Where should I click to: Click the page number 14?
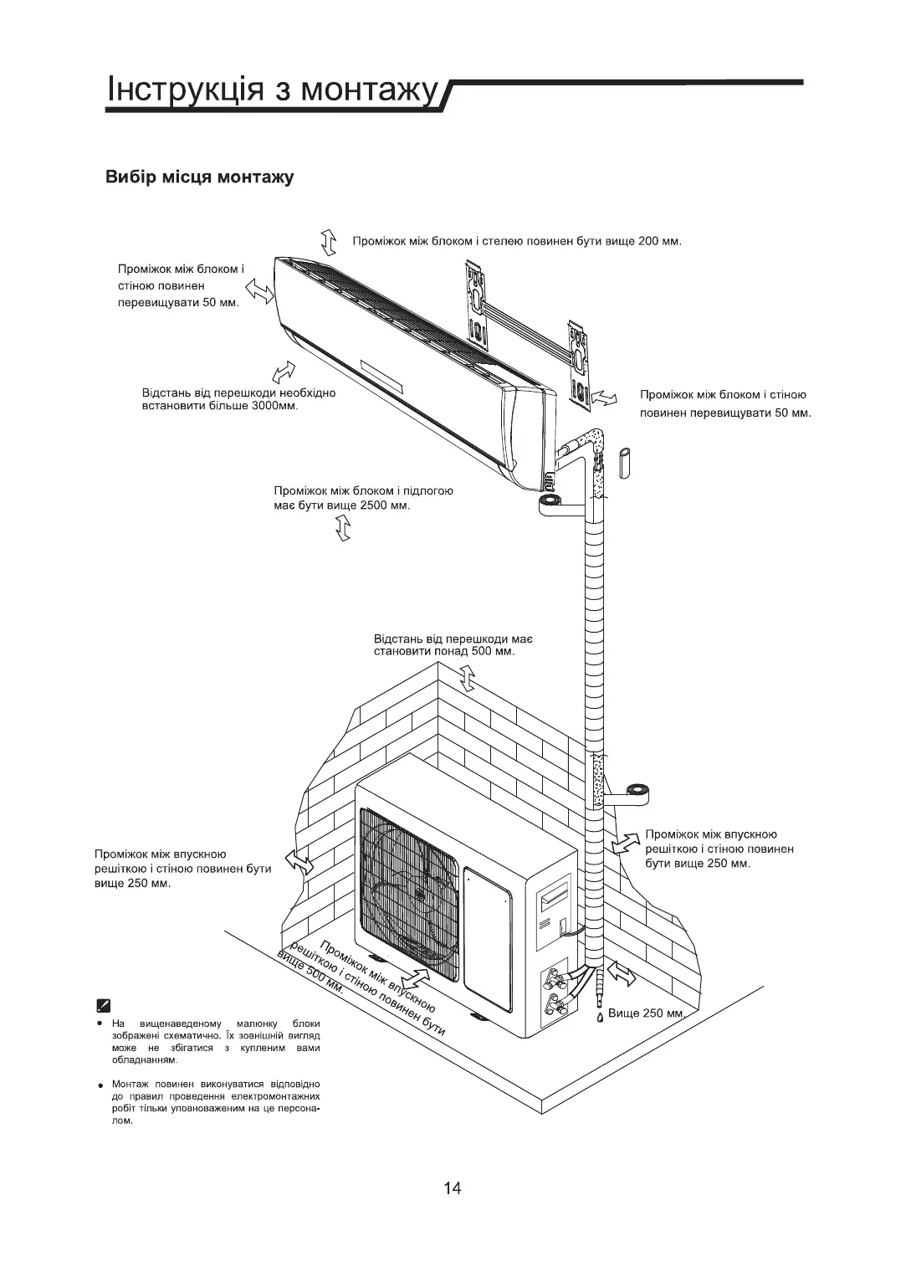tap(452, 1188)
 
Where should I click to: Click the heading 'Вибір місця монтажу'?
tap(199, 177)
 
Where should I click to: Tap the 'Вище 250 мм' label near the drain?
tap(647, 1013)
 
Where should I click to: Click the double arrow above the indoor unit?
tap(328, 242)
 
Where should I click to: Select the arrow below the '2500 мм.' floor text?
tap(342, 528)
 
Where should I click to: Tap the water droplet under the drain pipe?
tap(600, 1017)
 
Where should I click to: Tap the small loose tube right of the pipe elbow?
tap(626, 462)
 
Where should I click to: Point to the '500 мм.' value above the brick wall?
tap(493, 651)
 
